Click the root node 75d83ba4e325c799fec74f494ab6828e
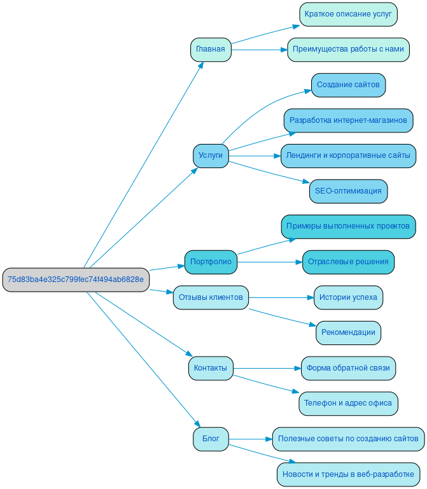click(75, 280)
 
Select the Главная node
click(211, 50)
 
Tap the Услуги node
click(211, 155)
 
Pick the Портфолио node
click(211, 262)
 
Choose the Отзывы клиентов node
click(211, 297)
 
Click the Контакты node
click(211, 368)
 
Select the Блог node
click(211, 439)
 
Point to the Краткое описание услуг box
click(348, 14)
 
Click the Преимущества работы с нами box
click(348, 50)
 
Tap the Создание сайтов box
click(348, 85)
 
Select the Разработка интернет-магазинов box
click(348, 120)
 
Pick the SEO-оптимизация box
click(348, 191)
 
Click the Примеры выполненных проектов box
click(348, 226)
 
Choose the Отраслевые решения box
click(348, 262)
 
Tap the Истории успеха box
click(348, 297)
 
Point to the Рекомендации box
click(348, 332)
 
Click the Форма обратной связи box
click(348, 368)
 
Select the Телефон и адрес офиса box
click(348, 403)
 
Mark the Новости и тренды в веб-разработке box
click(348, 474)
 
